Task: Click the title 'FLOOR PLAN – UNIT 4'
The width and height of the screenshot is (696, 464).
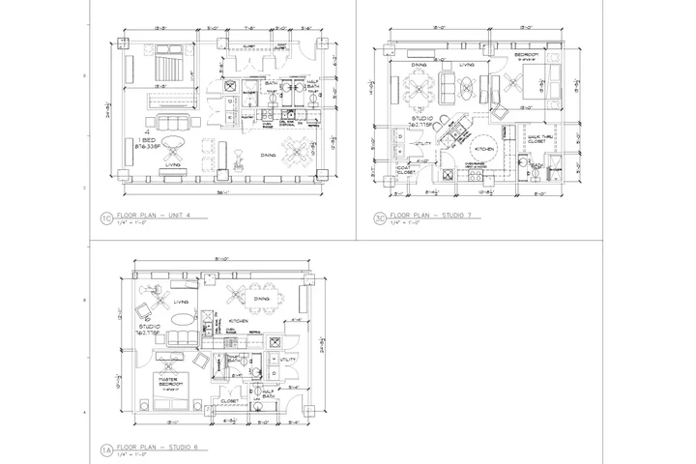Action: point(153,217)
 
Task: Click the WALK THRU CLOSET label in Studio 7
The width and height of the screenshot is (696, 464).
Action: point(538,139)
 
